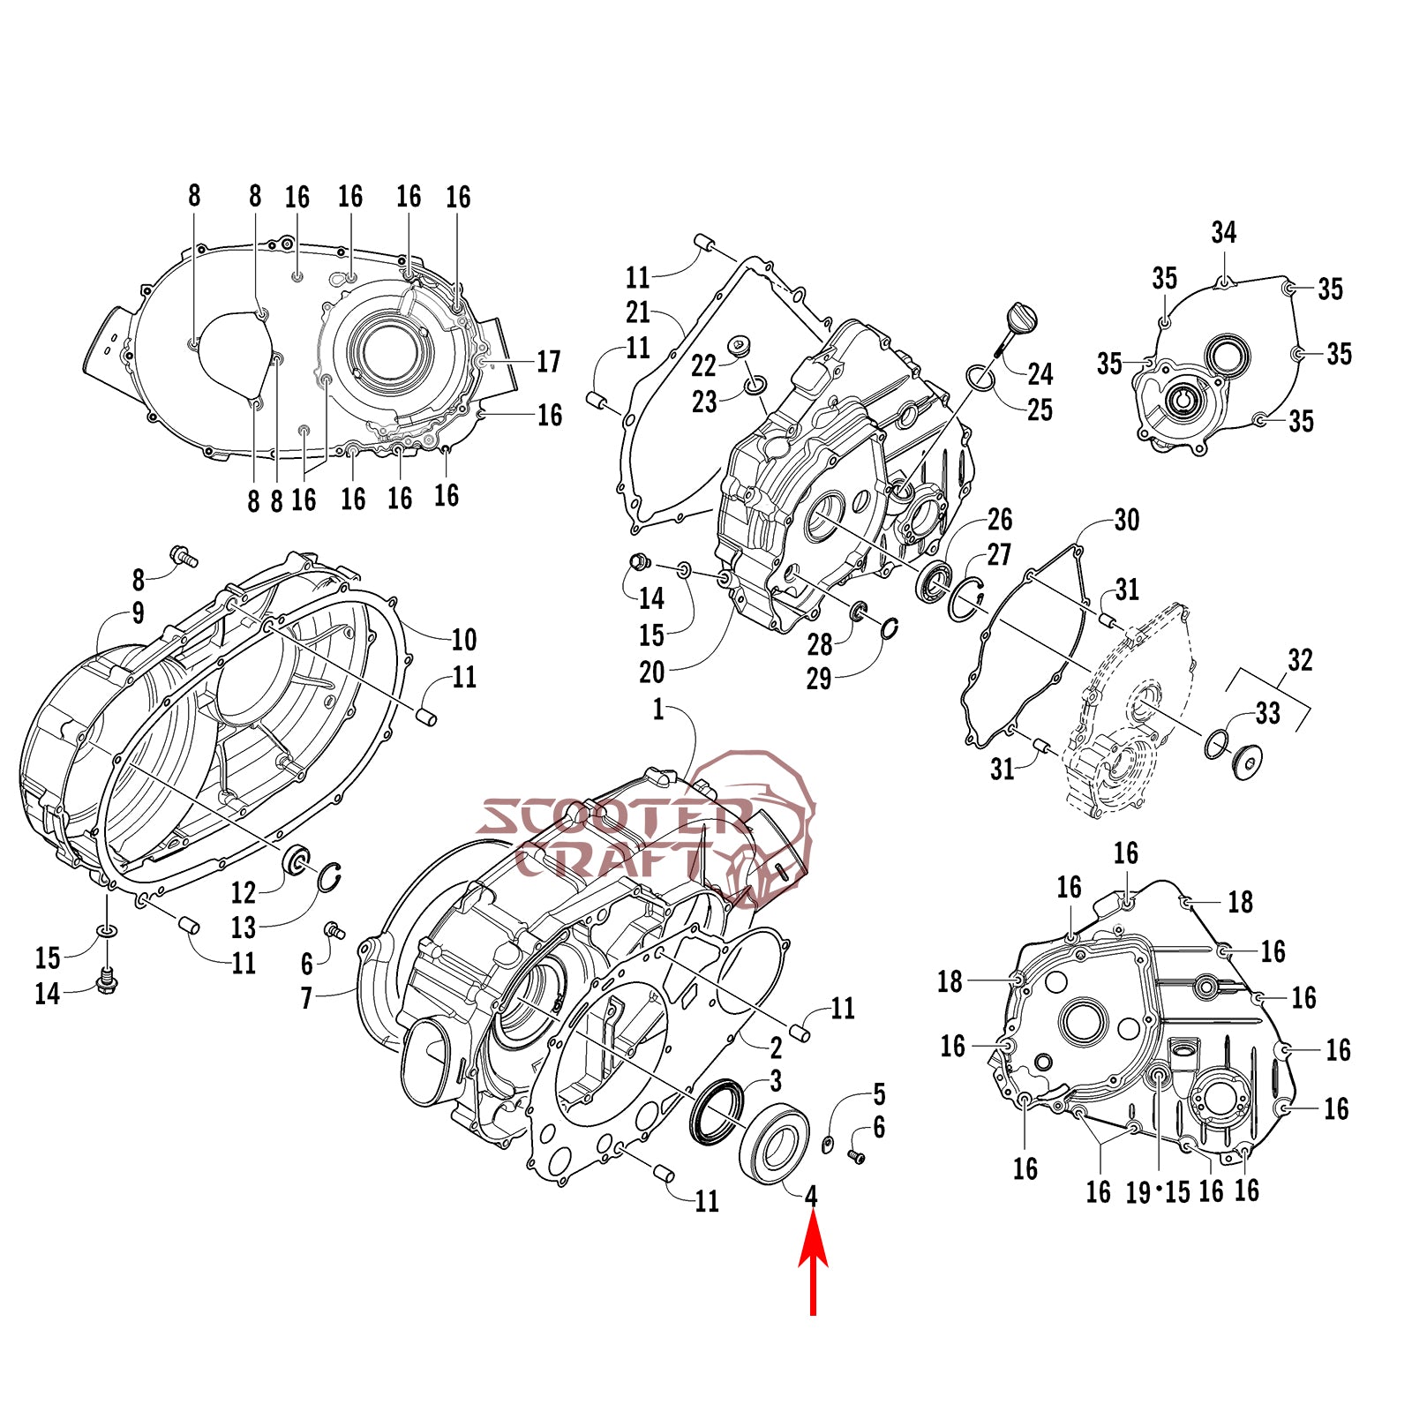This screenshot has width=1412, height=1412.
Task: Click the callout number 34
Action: pos(1223,233)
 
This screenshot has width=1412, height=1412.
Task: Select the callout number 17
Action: pos(548,362)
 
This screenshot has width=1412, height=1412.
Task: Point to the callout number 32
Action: pos(1300,660)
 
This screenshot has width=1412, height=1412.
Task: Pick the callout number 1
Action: pos(658,710)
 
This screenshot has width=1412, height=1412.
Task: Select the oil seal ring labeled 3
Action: pos(716,1112)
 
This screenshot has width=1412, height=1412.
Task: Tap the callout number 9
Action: pos(139,613)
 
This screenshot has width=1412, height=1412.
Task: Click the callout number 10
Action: pos(463,639)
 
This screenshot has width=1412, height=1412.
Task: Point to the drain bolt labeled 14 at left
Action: pos(107,980)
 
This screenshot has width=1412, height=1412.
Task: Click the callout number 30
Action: pos(1126,520)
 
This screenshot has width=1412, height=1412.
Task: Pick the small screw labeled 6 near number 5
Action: pos(855,1155)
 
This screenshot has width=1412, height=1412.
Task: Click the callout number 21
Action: pos(638,312)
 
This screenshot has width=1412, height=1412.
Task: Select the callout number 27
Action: pos(998,555)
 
